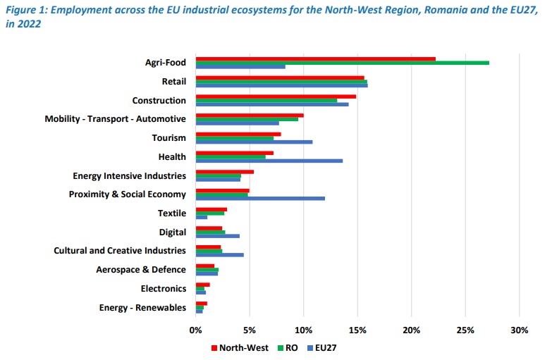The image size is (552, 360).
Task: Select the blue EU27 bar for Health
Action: [x=269, y=161]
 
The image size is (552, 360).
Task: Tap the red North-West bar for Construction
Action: [x=276, y=96]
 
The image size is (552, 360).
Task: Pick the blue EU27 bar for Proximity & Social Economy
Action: [x=260, y=198]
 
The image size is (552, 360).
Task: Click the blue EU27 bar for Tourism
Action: [x=254, y=142]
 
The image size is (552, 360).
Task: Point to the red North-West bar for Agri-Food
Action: [x=315, y=58]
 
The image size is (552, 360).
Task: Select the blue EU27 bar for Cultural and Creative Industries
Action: [x=219, y=254]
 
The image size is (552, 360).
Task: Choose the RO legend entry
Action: [x=290, y=347]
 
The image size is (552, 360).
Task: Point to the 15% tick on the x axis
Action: [x=357, y=329]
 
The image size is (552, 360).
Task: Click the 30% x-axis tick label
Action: [x=519, y=329]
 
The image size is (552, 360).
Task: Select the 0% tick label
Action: [x=196, y=329]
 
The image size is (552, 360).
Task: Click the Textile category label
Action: [x=172, y=213]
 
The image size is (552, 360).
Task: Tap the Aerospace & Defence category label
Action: [x=141, y=269]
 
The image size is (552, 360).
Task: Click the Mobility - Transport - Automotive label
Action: [x=115, y=119]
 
